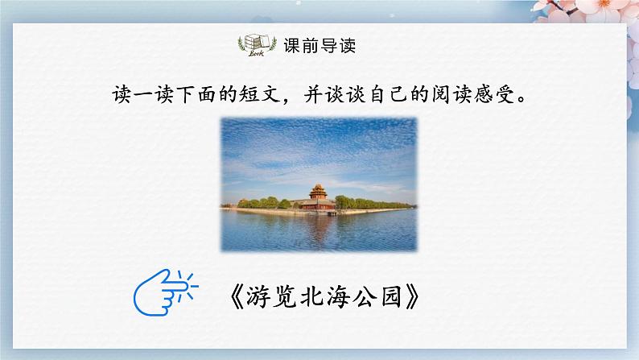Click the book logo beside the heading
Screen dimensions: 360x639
point(256,44)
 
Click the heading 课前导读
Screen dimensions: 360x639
point(320,45)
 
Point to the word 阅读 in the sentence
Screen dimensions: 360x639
point(449,95)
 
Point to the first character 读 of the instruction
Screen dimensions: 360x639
point(120,95)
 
